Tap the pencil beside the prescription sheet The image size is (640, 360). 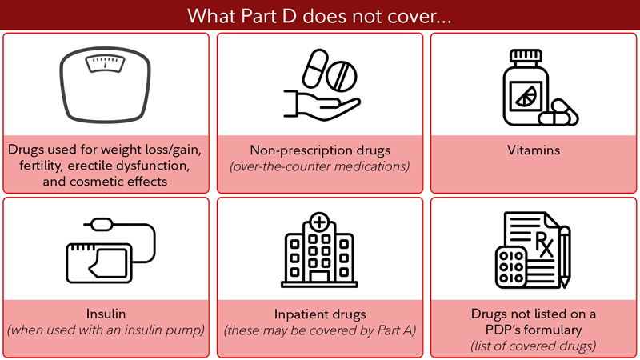565,256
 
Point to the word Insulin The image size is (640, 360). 107,314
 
